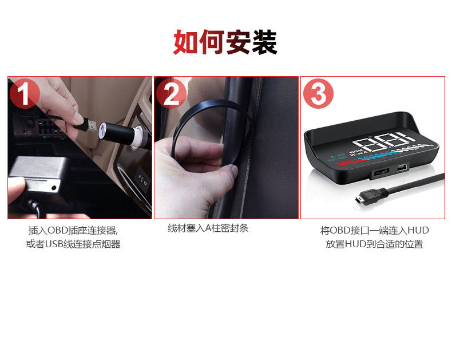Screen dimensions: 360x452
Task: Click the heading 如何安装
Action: (225, 42)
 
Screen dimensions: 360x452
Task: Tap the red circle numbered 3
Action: (318, 94)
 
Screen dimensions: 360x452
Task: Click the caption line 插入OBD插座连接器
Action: (73, 231)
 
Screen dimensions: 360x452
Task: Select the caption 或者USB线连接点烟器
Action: (73, 244)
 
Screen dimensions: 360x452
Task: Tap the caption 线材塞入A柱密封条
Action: (208, 228)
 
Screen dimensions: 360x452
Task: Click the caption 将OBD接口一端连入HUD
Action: (374, 231)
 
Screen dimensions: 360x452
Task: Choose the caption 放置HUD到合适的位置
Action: (374, 244)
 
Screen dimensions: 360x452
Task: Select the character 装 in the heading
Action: (264, 42)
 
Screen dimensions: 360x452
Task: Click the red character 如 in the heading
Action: (186, 42)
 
